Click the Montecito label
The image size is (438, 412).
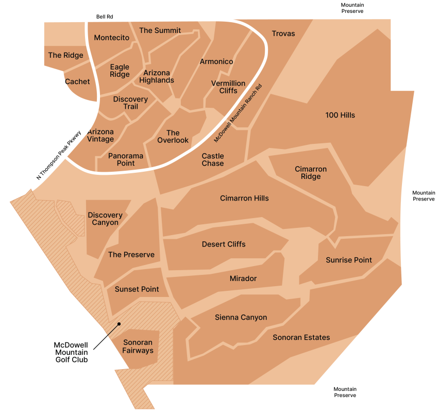click(111, 38)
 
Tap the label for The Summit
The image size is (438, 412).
click(160, 30)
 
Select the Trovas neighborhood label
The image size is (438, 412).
click(283, 34)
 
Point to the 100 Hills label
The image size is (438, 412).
click(340, 115)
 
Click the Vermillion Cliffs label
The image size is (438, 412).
click(228, 87)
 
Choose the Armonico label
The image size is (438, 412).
click(216, 61)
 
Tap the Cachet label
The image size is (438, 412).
click(77, 81)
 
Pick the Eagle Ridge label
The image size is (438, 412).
click(120, 71)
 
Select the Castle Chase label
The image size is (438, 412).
click(213, 160)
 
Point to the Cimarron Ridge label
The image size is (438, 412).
click(311, 173)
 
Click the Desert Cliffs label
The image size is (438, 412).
click(224, 244)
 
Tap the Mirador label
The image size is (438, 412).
click(243, 278)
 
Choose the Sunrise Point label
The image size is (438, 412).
click(349, 260)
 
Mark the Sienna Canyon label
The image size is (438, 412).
click(241, 317)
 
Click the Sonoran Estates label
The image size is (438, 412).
click(301, 337)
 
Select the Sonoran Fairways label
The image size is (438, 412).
click(138, 347)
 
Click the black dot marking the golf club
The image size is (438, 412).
click(119, 324)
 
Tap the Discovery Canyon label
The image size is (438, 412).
click(105, 219)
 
